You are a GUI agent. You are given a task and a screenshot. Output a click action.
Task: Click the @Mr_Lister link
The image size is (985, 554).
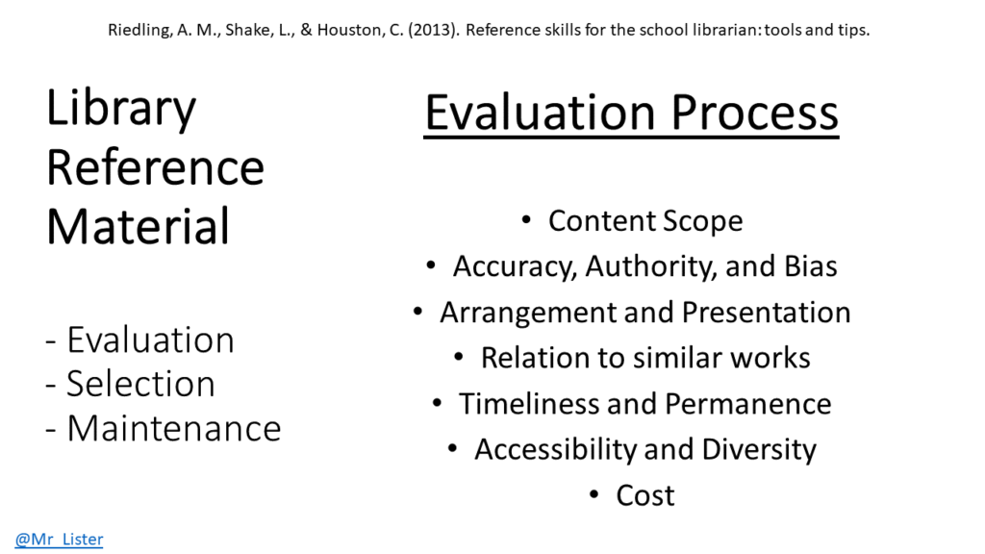[59, 539]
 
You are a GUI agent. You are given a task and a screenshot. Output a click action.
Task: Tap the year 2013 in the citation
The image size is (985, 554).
[431, 30]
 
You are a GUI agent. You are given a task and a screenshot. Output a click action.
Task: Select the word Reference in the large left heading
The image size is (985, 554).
[155, 167]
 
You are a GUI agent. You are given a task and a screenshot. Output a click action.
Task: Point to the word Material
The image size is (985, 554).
[139, 226]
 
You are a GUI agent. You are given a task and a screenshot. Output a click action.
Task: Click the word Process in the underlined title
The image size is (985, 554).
[754, 113]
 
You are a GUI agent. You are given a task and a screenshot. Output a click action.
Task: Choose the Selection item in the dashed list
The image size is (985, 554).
[140, 384]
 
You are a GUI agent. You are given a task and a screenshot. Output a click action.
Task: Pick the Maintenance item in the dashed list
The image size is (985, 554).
[174, 428]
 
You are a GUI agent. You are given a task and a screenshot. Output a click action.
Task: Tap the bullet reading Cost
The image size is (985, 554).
[645, 495]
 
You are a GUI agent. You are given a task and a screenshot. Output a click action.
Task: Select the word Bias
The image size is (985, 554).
[810, 265]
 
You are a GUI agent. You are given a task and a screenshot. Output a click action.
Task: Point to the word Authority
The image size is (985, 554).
[651, 267]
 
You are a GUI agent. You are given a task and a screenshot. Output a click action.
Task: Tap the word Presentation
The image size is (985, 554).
[767, 313]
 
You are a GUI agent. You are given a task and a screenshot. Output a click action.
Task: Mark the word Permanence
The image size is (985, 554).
[748, 403]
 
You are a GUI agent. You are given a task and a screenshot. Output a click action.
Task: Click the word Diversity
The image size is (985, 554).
[759, 450]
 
